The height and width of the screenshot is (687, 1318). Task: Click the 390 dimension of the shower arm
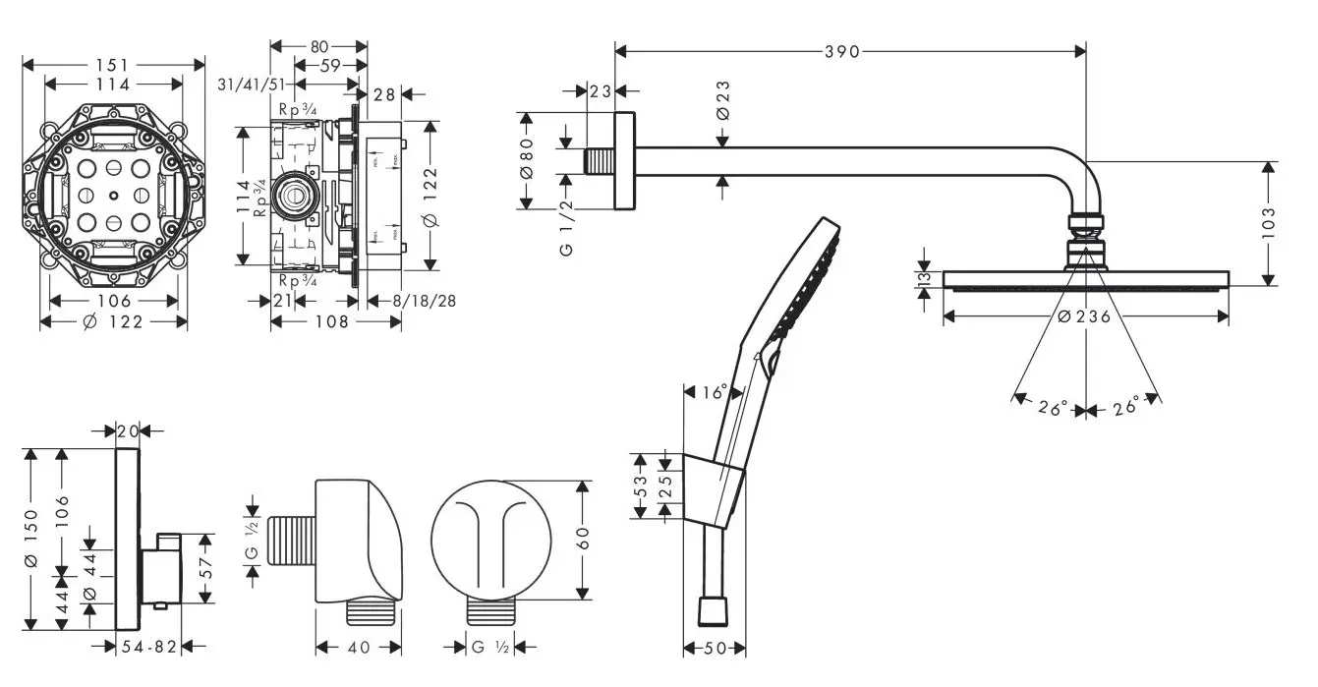tap(841, 51)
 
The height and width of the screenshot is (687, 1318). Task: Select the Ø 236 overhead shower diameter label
tap(1084, 316)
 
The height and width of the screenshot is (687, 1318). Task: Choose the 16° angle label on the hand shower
tap(715, 392)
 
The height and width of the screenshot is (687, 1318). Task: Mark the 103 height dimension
tap(1268, 223)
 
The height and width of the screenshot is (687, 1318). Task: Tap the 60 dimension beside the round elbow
tap(583, 539)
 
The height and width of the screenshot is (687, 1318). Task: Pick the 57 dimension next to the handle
tap(205, 568)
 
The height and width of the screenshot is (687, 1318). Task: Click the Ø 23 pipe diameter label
tap(723, 100)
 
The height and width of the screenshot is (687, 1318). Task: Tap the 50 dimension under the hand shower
tap(715, 648)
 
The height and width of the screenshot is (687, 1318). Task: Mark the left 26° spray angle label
tap(1053, 408)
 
